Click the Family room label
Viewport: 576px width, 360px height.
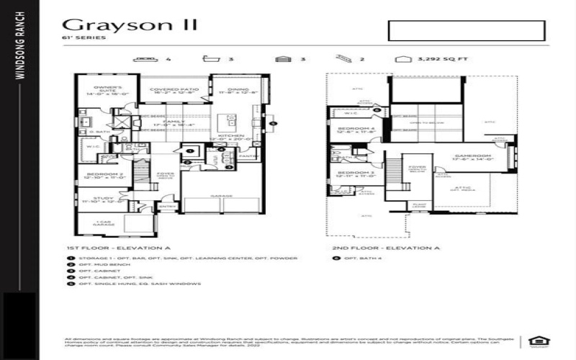(x=171, y=124)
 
